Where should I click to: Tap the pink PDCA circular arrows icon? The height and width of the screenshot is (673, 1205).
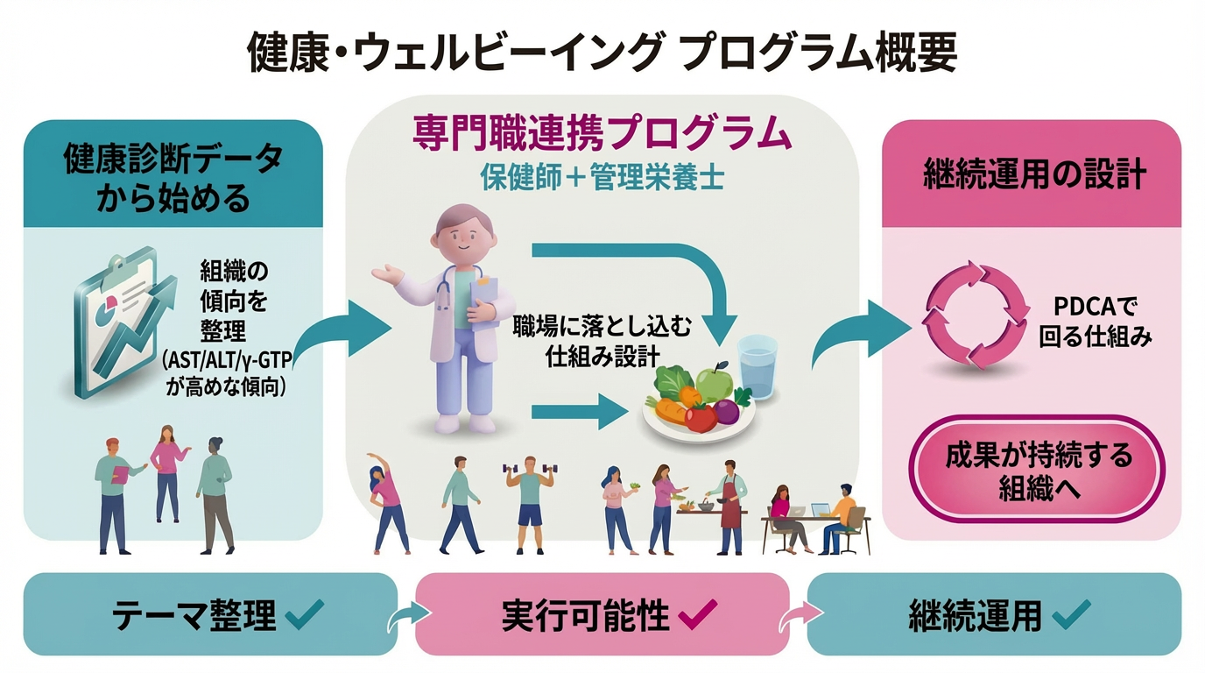click(976, 317)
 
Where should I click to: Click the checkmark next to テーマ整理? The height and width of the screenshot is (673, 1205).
click(304, 615)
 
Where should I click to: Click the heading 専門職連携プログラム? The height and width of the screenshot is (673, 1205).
click(602, 135)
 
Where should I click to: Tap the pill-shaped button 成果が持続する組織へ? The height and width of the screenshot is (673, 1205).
click(1039, 471)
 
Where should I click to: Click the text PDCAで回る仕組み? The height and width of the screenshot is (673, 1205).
click(1095, 322)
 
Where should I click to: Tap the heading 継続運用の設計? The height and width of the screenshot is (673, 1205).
click(1034, 174)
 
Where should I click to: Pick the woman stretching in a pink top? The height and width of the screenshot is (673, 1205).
click(389, 499)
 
